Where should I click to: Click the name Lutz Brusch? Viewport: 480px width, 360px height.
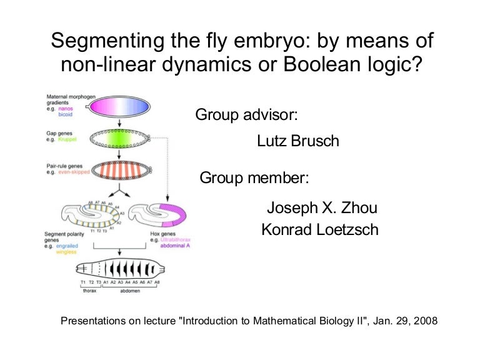(298, 141)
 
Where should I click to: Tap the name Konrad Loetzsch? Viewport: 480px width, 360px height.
(319, 230)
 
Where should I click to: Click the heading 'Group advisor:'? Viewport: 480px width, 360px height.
(246, 116)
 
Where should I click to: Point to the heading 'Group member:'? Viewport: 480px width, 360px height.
(254, 178)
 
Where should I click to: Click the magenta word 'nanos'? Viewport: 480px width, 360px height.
(66, 109)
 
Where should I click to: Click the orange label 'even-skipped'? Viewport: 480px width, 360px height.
(71, 172)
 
